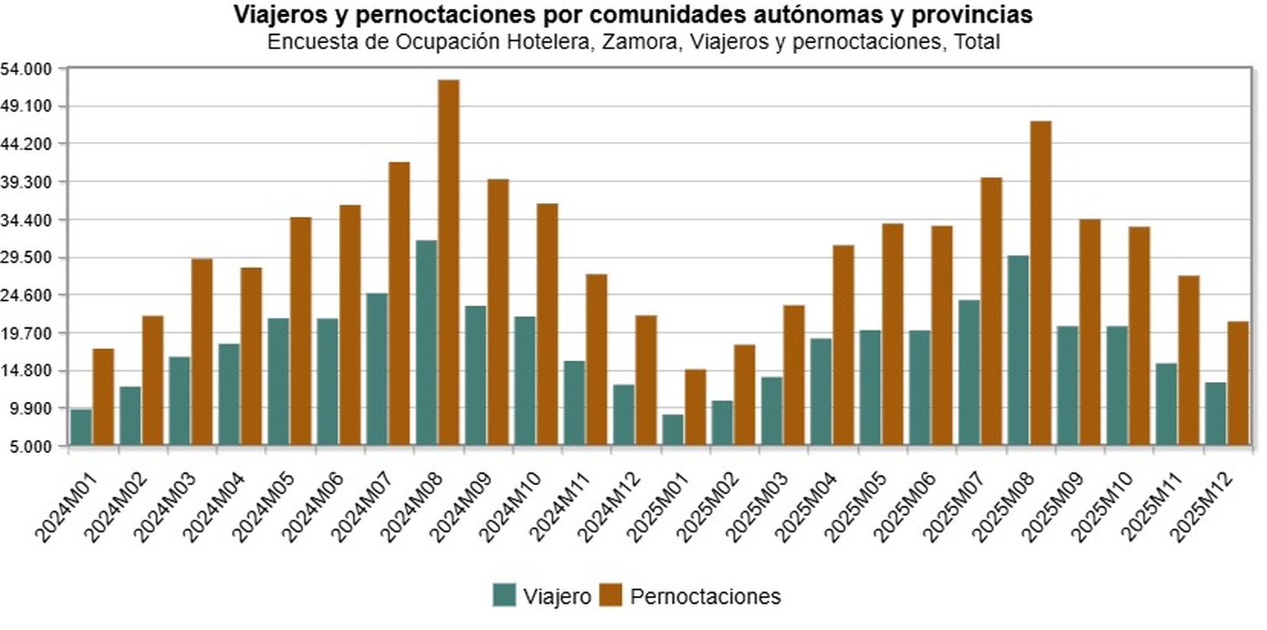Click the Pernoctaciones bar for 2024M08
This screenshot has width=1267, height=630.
pos(448,262)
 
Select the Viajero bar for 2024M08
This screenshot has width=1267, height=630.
pos(426,342)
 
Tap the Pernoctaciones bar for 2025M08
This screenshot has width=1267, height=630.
pos(1041,282)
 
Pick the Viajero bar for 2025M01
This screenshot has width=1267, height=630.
pos(673,429)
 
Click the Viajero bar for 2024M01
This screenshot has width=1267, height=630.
pos(81,426)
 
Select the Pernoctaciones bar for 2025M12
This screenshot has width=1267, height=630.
pos(1238,383)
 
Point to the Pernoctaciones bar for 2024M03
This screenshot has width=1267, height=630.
pos(202,351)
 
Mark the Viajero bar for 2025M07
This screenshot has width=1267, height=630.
pos(969,372)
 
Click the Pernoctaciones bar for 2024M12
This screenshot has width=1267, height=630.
pos(645,380)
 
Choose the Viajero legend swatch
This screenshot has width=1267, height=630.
pos(504,595)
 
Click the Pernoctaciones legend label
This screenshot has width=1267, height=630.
pos(705,596)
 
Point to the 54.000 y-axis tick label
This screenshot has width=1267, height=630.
pos(26,69)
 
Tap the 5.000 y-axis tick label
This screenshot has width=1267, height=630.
pos(30,446)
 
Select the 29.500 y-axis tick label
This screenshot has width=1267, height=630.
pos(26,258)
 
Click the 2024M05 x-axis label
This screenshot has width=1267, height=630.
pos(264,506)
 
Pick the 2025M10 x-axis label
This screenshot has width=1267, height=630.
pos(1104,506)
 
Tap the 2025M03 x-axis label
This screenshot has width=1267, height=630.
pos(758,506)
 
